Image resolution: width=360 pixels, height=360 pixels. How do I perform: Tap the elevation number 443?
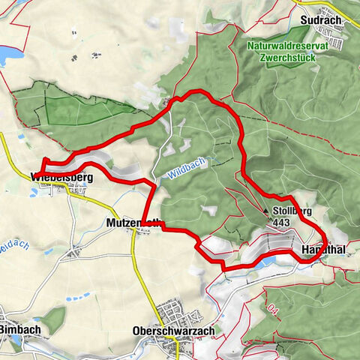click(282, 223)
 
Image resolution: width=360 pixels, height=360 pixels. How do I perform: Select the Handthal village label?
click(323, 247)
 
